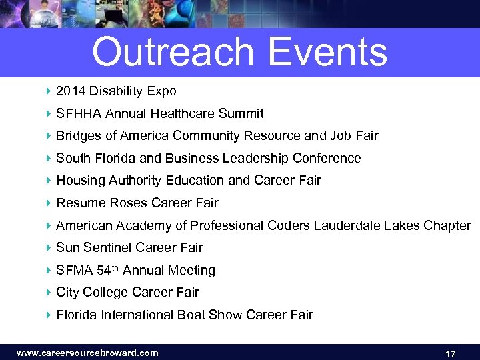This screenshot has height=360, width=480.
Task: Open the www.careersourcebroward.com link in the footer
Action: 87,353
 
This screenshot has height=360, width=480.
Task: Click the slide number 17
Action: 450,353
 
